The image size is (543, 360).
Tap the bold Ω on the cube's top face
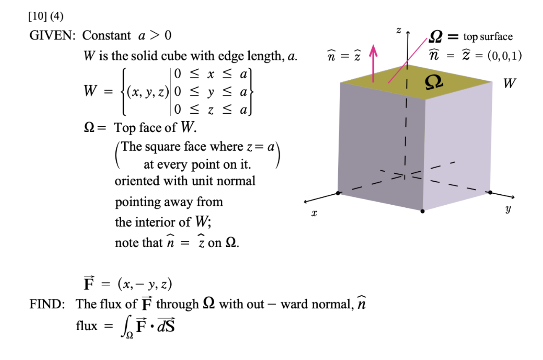[433, 81]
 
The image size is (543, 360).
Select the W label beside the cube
[509, 83]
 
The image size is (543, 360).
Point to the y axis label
[508, 209]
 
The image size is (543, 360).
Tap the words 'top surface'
[488, 37]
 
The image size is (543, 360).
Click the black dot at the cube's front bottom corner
[423, 211]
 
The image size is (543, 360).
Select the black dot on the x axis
[338, 193]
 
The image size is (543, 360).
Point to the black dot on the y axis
[490, 192]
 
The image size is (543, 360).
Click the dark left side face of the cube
[380, 143]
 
